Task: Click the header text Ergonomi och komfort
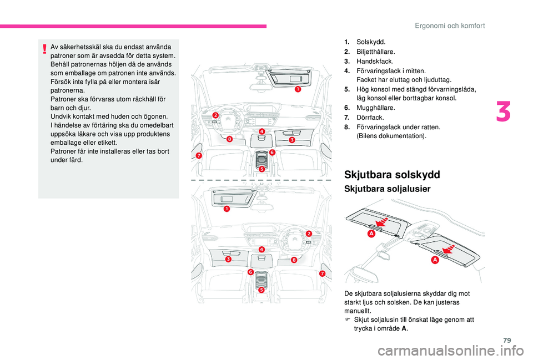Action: coord(457,26)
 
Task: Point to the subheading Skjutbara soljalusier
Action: coord(388,190)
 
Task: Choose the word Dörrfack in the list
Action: coord(369,118)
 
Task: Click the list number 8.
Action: coord(346,127)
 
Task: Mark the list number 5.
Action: coord(346,89)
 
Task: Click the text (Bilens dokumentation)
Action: coord(391,136)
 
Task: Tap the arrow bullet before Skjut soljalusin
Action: coord(347,320)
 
